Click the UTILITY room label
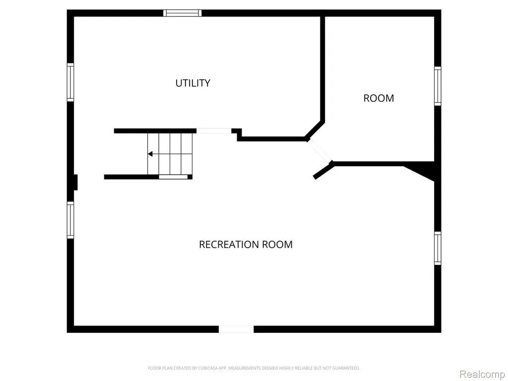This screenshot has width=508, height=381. pyautogui.click(x=193, y=83)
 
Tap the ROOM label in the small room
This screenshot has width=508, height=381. pyautogui.click(x=379, y=98)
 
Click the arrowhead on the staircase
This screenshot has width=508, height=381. pyautogui.click(x=150, y=154)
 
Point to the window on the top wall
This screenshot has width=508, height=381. pyautogui.click(x=183, y=13)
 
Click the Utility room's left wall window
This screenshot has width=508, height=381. pyautogui.click(x=70, y=82)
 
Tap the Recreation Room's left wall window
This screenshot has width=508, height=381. pyautogui.click(x=70, y=220)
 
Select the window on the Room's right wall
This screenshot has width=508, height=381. pyautogui.click(x=438, y=86)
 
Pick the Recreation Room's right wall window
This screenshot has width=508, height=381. pyautogui.click(x=438, y=248)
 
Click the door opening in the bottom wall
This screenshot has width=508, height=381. pyautogui.click(x=236, y=329)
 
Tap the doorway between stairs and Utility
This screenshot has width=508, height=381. pyautogui.click(x=214, y=131)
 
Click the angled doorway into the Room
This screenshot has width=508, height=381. pyautogui.click(x=320, y=151)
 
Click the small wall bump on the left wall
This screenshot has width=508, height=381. pyautogui.click(x=75, y=183)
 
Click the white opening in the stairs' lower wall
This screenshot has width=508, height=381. pyautogui.click(x=173, y=177)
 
